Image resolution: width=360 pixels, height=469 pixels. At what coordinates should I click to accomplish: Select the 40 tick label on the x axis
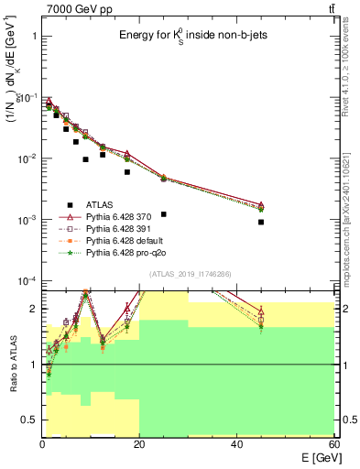coord(237,443)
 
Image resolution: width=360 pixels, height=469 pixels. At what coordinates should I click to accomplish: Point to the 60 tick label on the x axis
coord(333,443)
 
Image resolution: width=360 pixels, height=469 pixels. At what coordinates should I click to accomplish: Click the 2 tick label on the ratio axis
coord(33,309)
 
